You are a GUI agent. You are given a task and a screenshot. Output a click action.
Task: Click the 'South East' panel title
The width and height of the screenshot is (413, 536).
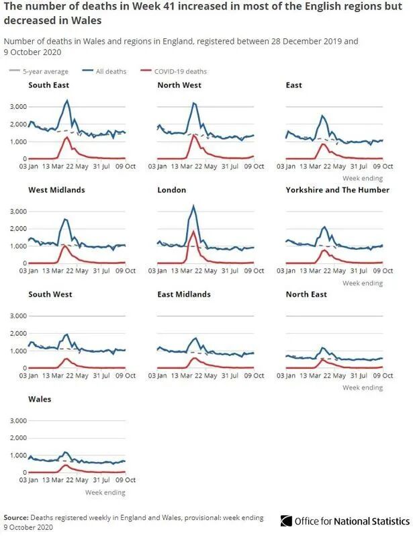[48, 85]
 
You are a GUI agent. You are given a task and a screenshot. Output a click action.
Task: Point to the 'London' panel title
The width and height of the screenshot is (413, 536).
[171, 190]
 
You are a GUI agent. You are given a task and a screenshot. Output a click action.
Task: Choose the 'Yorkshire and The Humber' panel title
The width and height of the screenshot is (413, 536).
[337, 190]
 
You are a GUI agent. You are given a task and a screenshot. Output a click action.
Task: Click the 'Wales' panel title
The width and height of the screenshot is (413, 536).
[40, 399]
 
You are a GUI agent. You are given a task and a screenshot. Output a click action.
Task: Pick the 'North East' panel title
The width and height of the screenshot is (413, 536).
[306, 294]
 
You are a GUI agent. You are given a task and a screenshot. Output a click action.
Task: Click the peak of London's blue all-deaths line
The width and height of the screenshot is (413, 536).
[193, 206]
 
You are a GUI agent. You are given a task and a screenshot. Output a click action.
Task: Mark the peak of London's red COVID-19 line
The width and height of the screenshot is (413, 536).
[193, 232]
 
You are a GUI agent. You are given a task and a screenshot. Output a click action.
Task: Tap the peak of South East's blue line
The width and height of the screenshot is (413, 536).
[66, 101]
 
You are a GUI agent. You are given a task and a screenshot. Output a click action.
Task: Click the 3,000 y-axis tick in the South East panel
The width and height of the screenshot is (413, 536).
[17, 107]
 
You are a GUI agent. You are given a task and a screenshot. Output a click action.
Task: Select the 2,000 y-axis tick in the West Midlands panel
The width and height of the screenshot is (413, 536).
[17, 228]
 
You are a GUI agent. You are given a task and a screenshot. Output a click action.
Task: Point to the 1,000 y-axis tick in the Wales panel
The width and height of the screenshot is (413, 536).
[17, 455]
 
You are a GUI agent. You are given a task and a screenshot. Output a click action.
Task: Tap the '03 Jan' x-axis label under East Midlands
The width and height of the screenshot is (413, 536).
[158, 375]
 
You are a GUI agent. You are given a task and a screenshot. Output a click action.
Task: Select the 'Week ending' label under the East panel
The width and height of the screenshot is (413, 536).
[363, 179]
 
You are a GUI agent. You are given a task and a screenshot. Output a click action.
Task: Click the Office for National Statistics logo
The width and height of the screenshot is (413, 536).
[345, 521]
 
